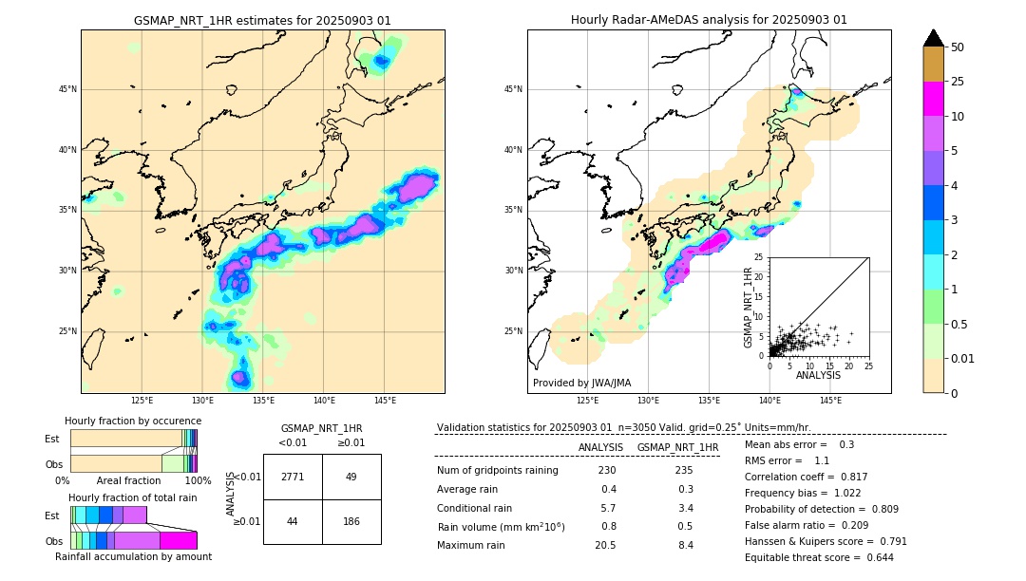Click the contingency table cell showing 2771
[293, 477]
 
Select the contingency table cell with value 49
[351, 477]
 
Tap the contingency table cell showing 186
[351, 521]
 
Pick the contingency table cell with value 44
[293, 521]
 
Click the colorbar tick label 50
[958, 47]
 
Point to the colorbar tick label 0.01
[963, 358]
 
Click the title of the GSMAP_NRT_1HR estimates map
[262, 20]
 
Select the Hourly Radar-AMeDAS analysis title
[709, 20]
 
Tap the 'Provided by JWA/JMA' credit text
[581, 384]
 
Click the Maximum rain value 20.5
[607, 545]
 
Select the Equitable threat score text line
[833, 557]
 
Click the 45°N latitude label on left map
[67, 89]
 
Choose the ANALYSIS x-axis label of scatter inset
[818, 375]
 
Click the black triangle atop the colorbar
[934, 38]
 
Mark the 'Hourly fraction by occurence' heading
[133, 421]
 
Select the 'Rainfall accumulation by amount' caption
[133, 556]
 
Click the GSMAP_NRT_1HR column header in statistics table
[677, 447]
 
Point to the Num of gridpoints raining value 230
[607, 471]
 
